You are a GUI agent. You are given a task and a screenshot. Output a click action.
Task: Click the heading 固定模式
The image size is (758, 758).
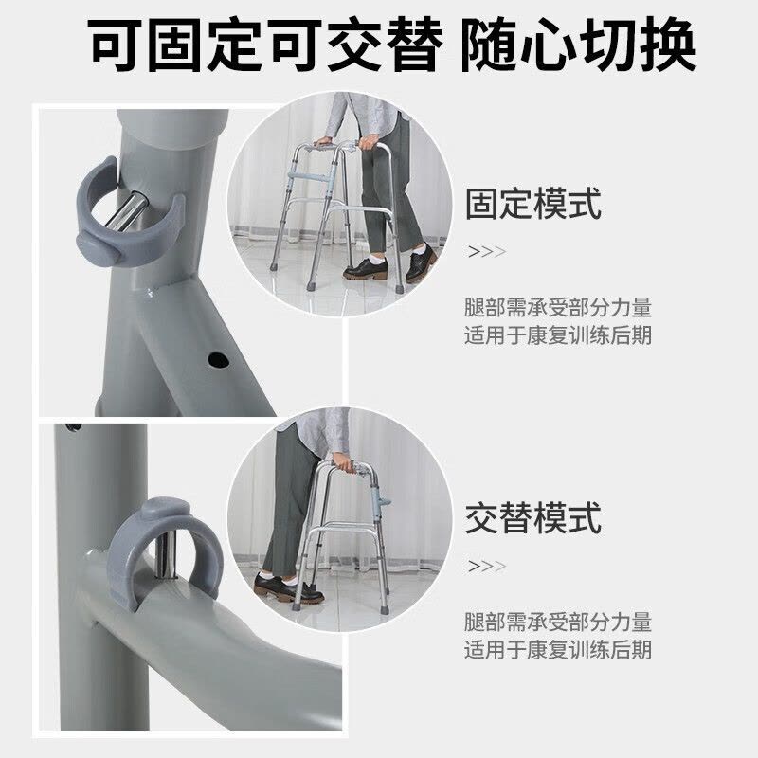(533, 204)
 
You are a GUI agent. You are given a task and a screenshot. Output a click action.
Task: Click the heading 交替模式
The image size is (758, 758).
(533, 517)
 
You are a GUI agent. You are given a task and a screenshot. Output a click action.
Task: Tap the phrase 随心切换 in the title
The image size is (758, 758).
(578, 45)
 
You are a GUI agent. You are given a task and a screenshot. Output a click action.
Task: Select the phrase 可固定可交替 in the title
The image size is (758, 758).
(265, 45)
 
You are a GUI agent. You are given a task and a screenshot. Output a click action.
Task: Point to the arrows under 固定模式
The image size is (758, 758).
(487, 251)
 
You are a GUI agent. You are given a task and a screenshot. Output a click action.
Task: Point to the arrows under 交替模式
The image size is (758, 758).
(487, 566)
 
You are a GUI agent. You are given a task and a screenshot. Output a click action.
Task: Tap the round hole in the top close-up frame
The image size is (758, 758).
(218, 360)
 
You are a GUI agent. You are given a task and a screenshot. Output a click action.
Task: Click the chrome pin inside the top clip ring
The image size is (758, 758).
(127, 211)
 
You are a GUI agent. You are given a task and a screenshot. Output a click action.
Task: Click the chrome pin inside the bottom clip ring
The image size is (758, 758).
(165, 556)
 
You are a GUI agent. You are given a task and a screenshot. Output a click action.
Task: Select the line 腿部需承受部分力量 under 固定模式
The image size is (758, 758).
(558, 307)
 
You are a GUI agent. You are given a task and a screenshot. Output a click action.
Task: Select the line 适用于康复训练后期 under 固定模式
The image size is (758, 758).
(558, 335)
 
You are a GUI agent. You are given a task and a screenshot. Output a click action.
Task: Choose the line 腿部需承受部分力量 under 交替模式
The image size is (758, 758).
(558, 622)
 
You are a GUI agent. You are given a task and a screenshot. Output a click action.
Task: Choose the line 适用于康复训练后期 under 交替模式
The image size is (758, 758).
(558, 650)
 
